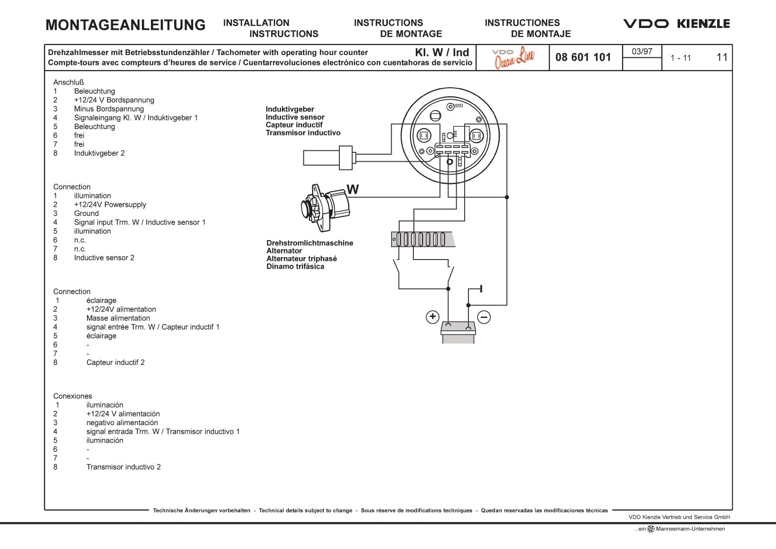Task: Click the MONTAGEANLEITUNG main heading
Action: (125, 25)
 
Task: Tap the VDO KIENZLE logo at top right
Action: (676, 24)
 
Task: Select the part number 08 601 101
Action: (583, 57)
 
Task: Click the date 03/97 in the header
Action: (642, 51)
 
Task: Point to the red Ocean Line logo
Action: (514, 58)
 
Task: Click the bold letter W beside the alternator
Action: (353, 190)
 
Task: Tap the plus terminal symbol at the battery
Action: (432, 316)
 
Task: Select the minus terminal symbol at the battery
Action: (484, 317)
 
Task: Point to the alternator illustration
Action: (325, 207)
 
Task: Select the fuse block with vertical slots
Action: (422, 239)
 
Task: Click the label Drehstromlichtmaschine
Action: (309, 243)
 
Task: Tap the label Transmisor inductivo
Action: (303, 133)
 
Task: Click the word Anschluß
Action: (68, 83)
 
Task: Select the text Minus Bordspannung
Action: (109, 109)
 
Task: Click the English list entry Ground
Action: (86, 214)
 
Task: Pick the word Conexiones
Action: (73, 396)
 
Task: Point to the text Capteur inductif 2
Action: (115, 363)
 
